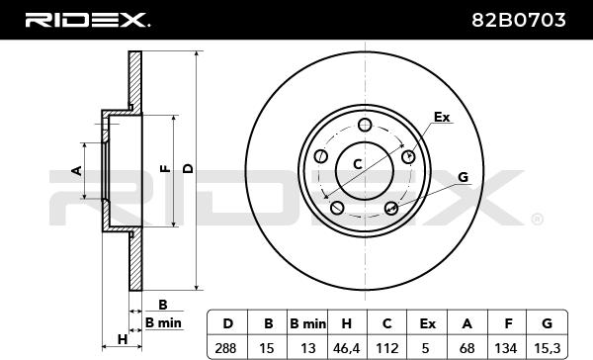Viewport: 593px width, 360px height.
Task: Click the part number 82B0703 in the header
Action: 518,20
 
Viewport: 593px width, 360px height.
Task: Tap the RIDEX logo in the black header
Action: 87,20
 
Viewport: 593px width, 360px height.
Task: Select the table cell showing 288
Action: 225,347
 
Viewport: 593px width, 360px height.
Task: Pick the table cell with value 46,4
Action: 346,348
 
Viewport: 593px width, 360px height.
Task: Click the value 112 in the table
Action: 387,347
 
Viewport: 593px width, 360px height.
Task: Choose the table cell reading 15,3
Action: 548,348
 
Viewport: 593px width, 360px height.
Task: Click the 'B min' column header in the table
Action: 307,323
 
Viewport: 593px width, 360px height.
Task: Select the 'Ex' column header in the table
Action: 427,323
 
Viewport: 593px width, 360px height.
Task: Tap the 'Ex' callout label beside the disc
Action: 442,117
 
